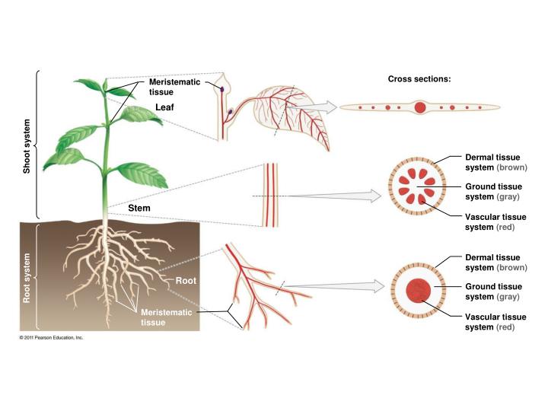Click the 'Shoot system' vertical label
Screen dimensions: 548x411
27,146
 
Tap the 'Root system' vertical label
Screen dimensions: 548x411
27,279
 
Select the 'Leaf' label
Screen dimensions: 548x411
164,107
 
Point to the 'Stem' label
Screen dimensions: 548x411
139,208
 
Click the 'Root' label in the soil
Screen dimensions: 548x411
186,281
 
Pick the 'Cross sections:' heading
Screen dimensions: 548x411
419,79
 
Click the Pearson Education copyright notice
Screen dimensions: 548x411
52,338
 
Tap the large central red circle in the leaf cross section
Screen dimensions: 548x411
419,107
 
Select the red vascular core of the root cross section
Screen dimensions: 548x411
419,291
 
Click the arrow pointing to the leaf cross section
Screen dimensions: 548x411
313,107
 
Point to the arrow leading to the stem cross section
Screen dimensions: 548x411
335,196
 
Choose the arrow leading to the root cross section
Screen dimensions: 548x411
335,286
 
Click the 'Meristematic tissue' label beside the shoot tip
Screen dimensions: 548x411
175,87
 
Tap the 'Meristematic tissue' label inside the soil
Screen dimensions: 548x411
167,317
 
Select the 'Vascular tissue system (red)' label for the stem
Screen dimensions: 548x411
495,222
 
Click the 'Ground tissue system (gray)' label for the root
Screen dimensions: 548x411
493,292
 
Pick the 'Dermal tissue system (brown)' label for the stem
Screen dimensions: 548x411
496,162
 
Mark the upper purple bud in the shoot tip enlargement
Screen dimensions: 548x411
221,90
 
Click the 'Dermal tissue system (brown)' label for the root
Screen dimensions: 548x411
496,263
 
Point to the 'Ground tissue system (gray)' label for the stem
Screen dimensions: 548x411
493,192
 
